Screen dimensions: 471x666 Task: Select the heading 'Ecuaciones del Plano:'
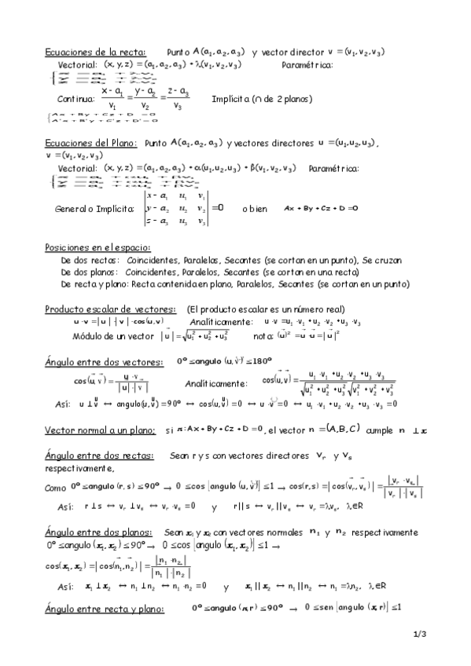coord(91,144)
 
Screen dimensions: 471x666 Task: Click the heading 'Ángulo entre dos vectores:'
coord(104,362)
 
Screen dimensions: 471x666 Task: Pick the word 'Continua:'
coord(76,100)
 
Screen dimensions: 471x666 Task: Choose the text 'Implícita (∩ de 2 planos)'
coord(262,100)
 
